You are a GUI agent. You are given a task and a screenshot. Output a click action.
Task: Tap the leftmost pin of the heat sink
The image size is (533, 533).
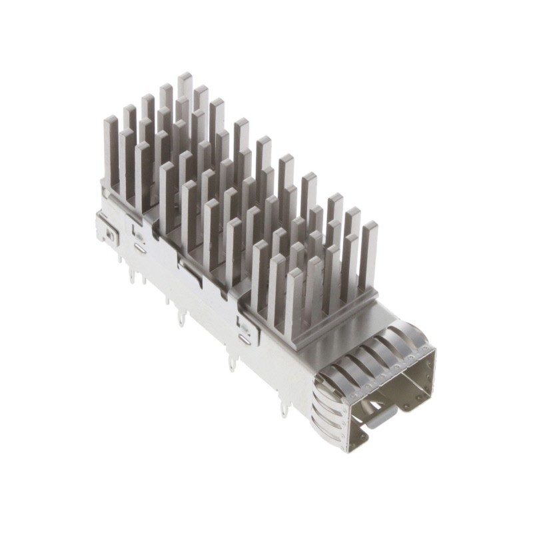(x=110, y=147)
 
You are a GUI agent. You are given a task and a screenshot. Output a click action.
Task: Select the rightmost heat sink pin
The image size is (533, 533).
(x=368, y=253)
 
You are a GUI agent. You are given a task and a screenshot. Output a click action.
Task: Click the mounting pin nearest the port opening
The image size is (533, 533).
(x=284, y=408)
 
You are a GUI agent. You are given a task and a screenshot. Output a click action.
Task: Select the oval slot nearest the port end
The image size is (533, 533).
(x=245, y=337)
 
